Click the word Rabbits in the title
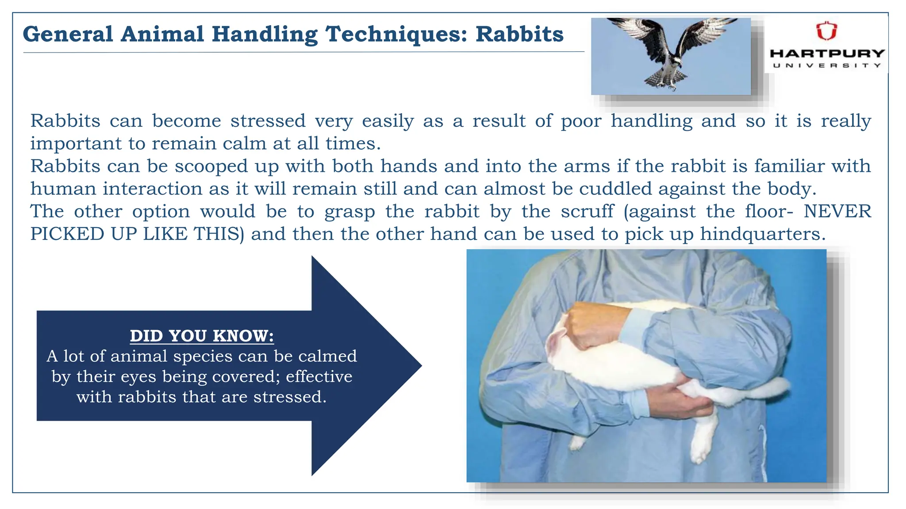point(519,34)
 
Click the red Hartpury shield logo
point(826,31)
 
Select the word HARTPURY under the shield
point(827,53)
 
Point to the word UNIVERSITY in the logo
point(827,65)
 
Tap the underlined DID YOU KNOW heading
point(202,336)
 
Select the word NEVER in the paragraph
point(837,211)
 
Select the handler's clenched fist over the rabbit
point(593,325)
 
